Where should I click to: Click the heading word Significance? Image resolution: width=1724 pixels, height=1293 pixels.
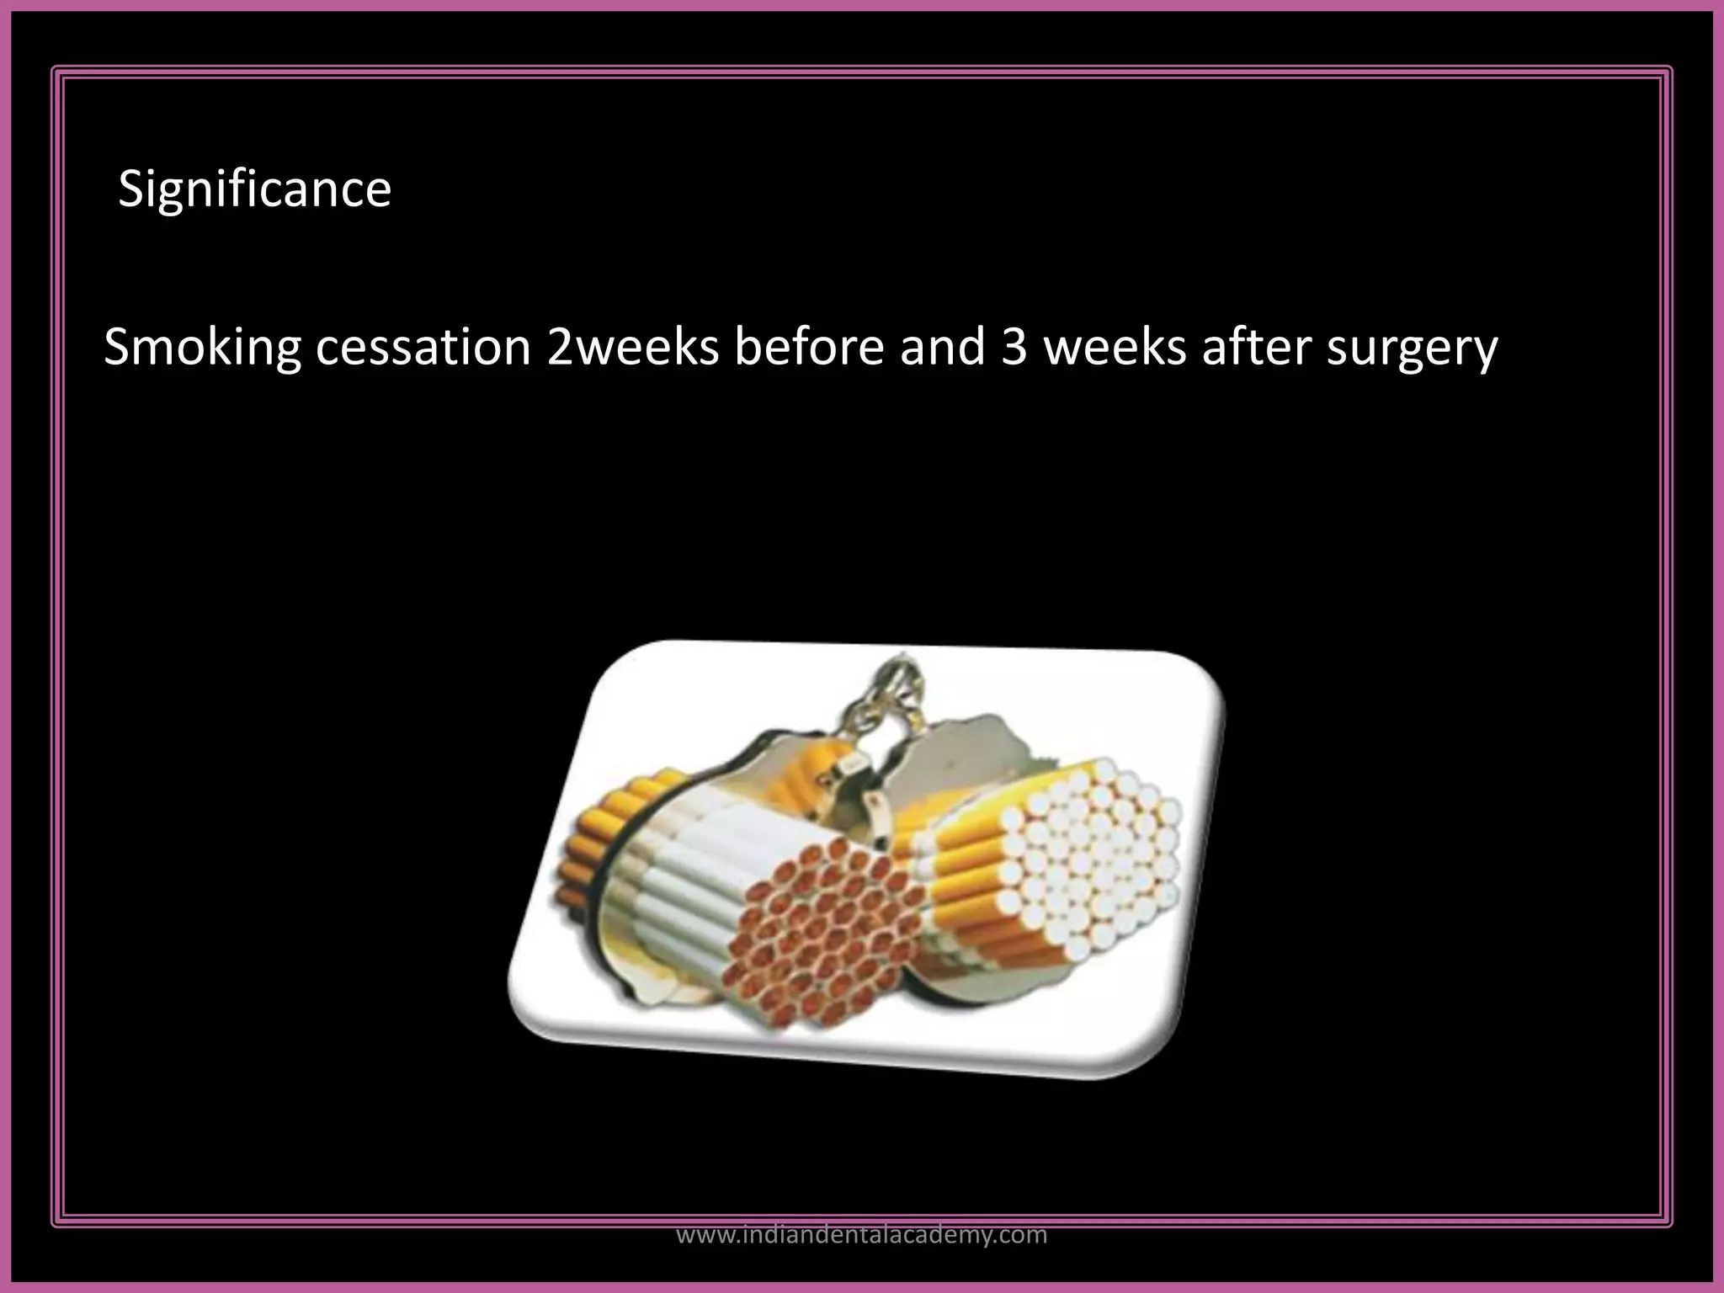pos(254,189)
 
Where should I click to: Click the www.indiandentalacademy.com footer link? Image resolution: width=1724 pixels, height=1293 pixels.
pos(862,1235)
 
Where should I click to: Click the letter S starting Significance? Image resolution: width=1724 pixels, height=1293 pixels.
pos(130,189)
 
